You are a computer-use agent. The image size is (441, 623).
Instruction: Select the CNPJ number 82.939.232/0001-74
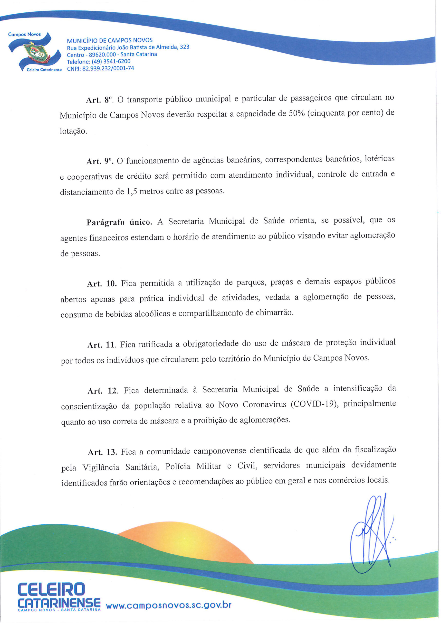[x=101, y=68]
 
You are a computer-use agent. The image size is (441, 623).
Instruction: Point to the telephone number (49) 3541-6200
[x=99, y=61]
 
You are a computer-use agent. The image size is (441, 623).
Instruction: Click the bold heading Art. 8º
[x=99, y=100]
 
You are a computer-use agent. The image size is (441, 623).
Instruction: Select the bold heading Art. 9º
[x=99, y=161]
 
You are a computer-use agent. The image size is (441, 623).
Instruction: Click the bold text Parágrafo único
[x=119, y=222]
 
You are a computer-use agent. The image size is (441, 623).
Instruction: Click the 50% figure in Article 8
[x=294, y=113]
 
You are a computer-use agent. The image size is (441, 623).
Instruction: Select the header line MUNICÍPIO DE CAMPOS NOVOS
[x=110, y=41]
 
